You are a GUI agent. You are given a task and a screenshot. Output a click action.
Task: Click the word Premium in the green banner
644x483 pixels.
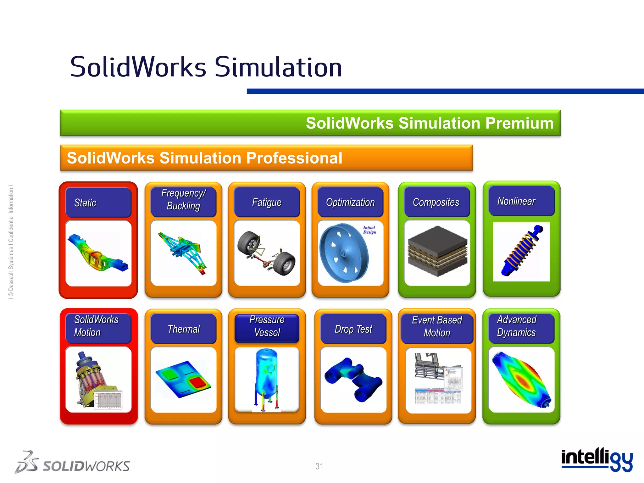519,123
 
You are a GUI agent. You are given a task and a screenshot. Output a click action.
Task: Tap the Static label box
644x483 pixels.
98,203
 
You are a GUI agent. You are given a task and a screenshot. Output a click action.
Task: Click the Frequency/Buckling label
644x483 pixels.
183,199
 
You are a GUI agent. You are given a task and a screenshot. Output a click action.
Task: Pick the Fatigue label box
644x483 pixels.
267,202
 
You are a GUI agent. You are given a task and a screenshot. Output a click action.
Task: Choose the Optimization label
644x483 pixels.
350,202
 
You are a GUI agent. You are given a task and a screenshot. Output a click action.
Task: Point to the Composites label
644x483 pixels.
436,202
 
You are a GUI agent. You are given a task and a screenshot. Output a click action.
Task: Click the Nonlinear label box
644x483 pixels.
521,201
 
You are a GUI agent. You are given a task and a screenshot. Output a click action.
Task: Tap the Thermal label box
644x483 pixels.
184,329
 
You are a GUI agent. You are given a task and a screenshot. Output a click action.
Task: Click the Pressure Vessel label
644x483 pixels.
267,326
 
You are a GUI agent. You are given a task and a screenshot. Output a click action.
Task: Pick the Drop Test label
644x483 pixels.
353,329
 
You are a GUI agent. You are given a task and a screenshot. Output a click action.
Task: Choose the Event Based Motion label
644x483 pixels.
437,326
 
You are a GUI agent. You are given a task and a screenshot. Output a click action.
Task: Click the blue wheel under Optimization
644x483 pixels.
343,253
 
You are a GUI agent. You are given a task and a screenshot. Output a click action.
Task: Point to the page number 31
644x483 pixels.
319,466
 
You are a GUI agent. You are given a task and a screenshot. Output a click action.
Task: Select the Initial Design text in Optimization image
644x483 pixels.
369,230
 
